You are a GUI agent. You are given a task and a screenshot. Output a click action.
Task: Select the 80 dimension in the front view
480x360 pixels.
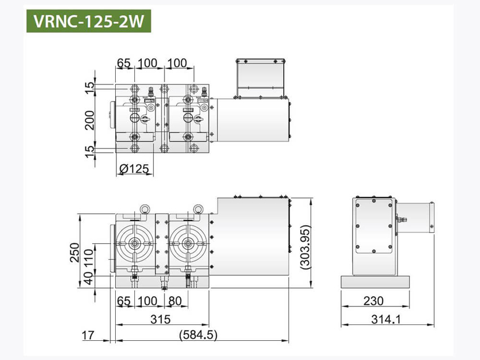coord(174,301)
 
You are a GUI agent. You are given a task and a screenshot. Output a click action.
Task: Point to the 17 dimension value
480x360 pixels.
coord(88,335)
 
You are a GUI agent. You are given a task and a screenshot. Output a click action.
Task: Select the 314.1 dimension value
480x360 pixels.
coord(387,319)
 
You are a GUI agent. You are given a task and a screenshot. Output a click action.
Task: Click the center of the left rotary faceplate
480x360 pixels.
coord(134,244)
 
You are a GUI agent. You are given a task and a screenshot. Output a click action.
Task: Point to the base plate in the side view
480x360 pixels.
coord(377,282)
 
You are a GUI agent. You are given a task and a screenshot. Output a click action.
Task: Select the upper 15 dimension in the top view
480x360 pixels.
coord(89,87)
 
